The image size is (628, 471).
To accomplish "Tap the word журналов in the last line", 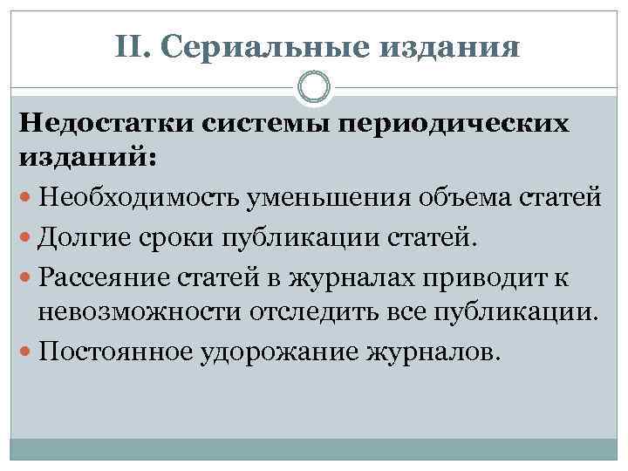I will [434, 352].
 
